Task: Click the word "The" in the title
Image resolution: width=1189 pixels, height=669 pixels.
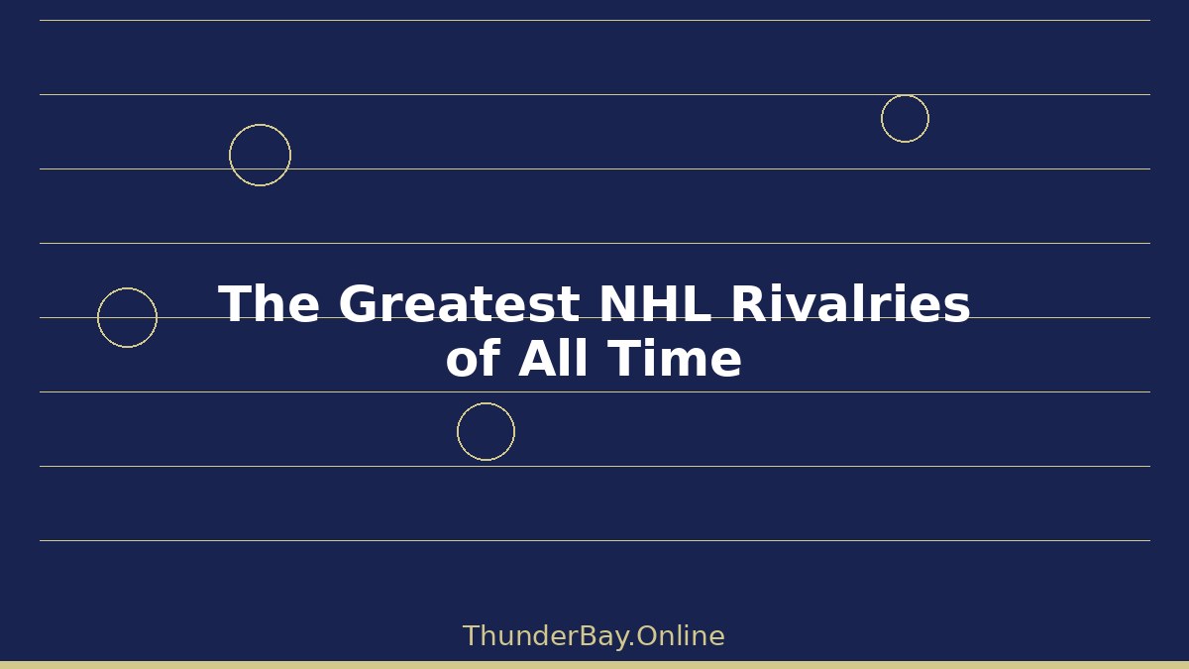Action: [x=270, y=303]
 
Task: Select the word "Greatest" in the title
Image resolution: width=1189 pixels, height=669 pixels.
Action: [x=459, y=303]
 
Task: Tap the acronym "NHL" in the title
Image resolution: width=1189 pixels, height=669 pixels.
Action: [x=655, y=303]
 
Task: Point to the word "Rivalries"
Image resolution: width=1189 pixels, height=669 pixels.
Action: [x=851, y=303]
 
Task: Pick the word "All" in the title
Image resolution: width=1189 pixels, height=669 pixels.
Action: [x=554, y=358]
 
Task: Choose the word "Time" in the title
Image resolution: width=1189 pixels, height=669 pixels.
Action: [x=675, y=358]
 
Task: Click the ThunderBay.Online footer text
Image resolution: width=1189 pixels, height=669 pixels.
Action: [x=594, y=636]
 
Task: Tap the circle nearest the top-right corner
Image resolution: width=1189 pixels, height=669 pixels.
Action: [x=905, y=95]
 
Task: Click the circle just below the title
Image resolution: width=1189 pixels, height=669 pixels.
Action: [x=486, y=403]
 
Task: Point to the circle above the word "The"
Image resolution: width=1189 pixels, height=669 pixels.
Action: [x=260, y=125]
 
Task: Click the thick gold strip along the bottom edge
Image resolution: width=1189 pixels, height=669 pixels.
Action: [x=594, y=665]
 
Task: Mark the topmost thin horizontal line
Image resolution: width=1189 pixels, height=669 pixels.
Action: [x=595, y=20]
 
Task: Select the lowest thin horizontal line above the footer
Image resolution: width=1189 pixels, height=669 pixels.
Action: [x=595, y=540]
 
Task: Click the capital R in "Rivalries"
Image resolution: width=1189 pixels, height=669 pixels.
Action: [x=748, y=303]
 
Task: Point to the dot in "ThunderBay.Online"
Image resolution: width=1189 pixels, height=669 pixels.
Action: [x=631, y=644]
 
